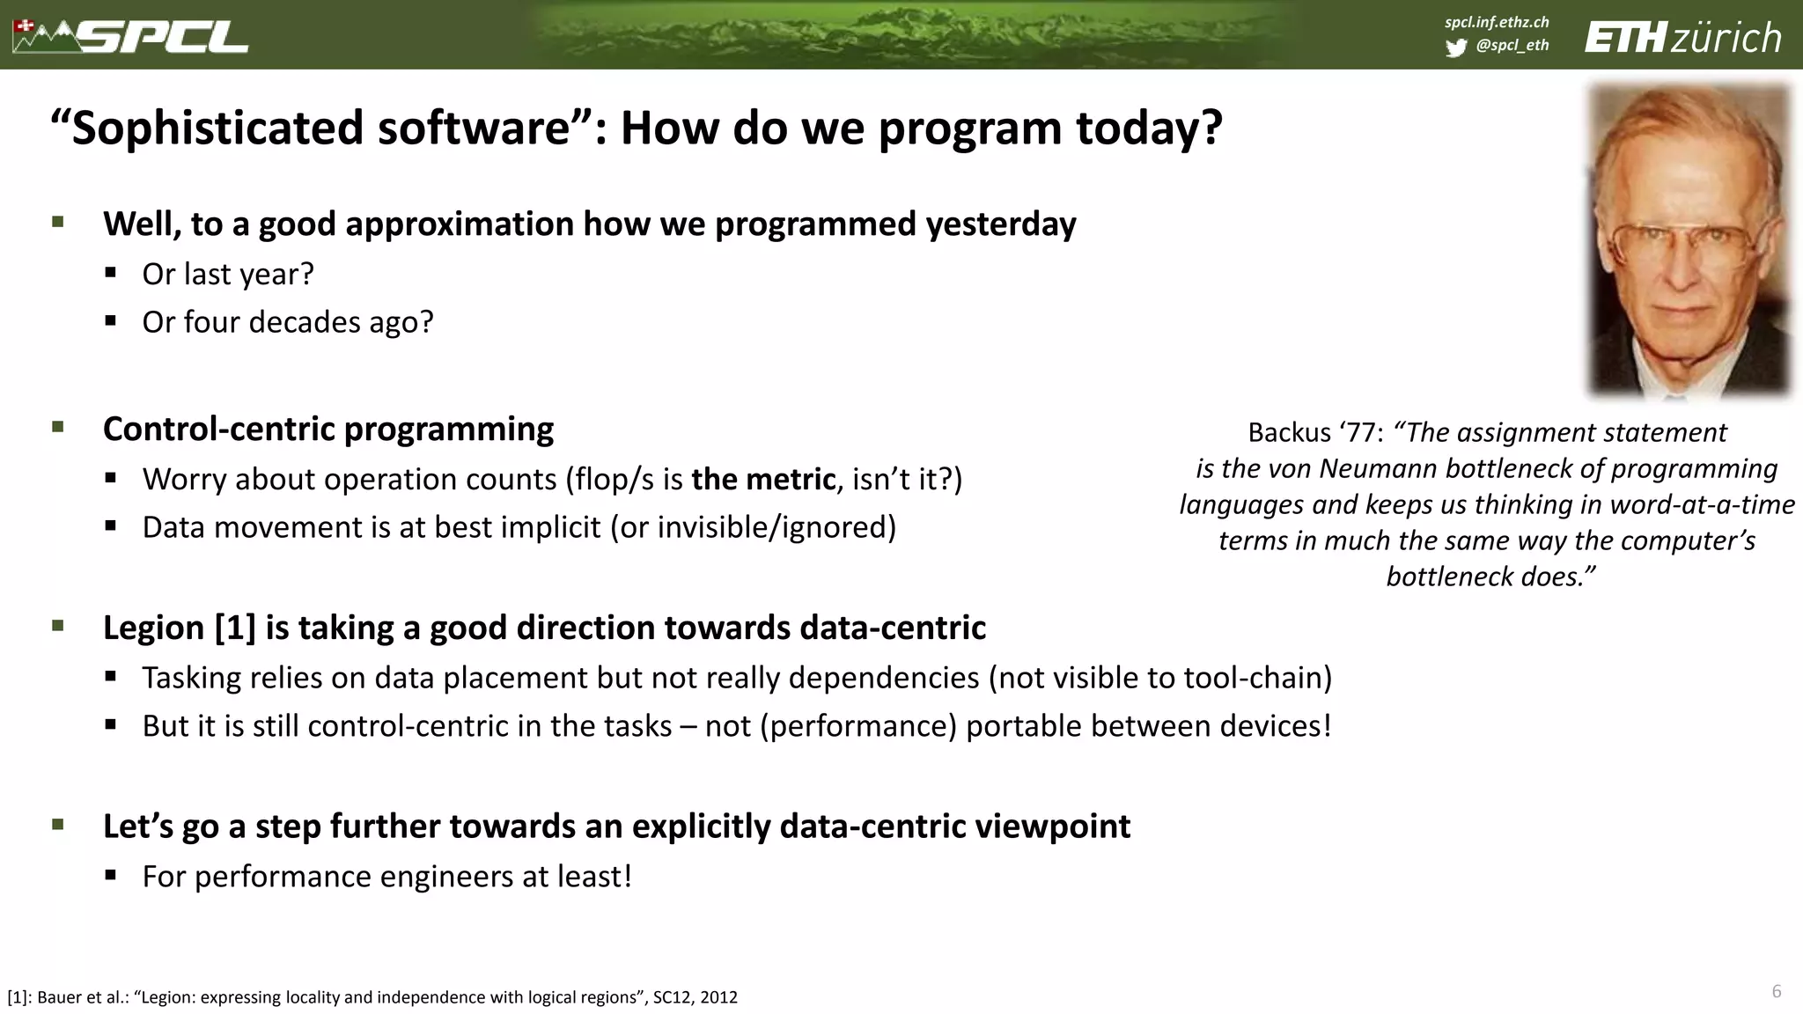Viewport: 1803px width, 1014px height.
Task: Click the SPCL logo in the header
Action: (132, 36)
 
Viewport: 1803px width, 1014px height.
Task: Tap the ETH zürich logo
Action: (1682, 38)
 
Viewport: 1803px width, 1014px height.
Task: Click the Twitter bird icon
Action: (1455, 47)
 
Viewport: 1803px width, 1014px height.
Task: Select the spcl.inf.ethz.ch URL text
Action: (1497, 22)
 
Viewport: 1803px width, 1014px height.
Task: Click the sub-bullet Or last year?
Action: (227, 274)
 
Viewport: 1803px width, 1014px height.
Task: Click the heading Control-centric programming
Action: (327, 429)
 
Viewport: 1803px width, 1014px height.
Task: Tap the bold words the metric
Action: (762, 479)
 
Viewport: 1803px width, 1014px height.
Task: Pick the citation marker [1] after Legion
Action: (235, 628)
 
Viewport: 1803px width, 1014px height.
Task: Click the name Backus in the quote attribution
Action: (1289, 432)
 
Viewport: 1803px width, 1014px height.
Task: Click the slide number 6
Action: (1776, 991)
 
